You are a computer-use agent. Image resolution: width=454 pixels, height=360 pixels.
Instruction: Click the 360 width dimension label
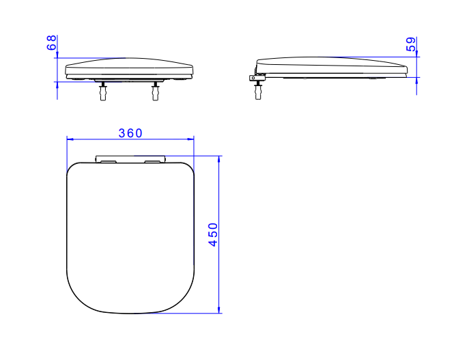pos(130,133)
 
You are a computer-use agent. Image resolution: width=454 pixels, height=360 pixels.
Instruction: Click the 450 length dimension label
pos(213,234)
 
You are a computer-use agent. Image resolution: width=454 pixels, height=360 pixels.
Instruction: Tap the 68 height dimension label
pos(51,42)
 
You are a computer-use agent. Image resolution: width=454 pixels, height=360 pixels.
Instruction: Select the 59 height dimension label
pos(411,44)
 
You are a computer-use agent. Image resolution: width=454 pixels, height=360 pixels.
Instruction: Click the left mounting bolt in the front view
pos(103,92)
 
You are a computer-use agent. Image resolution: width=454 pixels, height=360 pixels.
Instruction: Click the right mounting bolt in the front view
pos(156,92)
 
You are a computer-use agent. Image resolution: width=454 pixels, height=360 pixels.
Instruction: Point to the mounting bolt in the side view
pos(258,90)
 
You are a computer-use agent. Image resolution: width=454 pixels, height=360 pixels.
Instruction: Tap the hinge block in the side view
pos(257,78)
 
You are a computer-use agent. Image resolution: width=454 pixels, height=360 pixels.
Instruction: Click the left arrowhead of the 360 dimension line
pos(70,139)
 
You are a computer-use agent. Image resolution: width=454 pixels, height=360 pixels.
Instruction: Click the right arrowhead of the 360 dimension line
pos(190,139)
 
